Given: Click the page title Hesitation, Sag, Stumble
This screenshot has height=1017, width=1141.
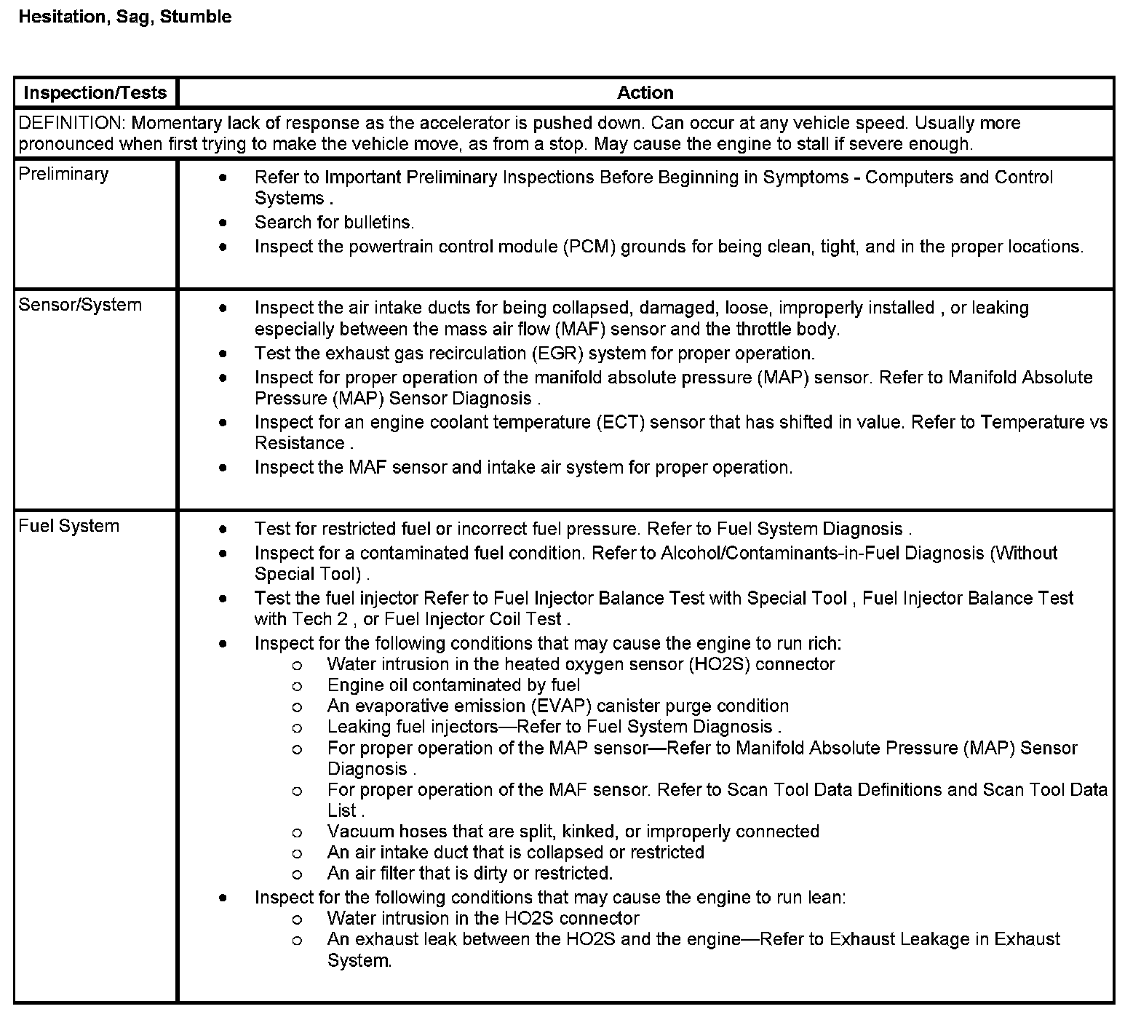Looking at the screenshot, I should tap(124, 17).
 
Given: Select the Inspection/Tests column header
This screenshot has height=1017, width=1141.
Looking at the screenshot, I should tap(95, 92).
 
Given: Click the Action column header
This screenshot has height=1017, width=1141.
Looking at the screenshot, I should tap(645, 92).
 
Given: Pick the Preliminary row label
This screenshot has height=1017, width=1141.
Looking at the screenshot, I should tap(63, 174).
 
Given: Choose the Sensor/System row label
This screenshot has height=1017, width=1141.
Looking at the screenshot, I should tap(80, 305).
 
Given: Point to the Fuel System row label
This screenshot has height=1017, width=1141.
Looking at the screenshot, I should tap(69, 526).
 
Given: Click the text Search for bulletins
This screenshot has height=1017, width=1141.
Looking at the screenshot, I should tap(334, 223).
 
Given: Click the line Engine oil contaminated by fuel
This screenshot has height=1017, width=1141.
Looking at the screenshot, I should tap(453, 685).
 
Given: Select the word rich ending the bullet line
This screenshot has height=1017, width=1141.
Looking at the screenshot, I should tap(824, 644).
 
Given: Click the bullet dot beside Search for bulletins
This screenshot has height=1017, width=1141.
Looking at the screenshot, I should tap(223, 223).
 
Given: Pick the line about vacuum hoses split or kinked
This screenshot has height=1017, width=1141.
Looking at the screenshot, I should tap(573, 831).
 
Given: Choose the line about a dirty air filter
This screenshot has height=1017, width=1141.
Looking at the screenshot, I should tap(469, 873).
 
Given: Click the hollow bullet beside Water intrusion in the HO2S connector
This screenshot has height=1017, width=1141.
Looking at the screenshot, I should tap(296, 920).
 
